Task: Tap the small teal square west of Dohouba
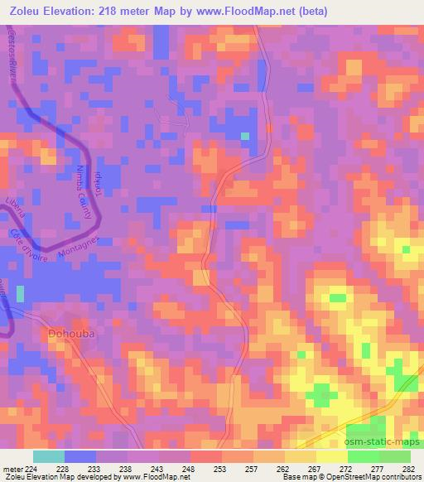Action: coord(20,293)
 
